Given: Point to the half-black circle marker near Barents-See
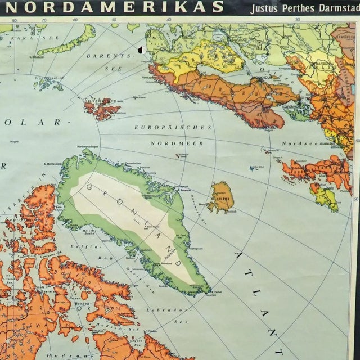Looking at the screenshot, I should tap(139, 50).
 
